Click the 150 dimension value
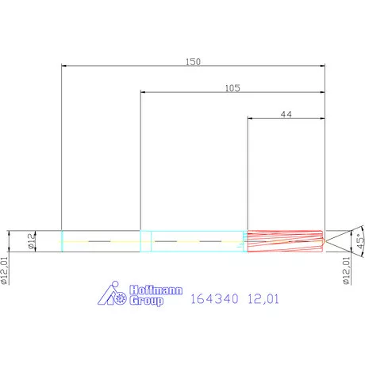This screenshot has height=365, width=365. tap(194, 61)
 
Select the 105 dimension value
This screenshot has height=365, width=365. tap(232, 89)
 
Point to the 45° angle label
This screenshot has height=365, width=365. tap(359, 241)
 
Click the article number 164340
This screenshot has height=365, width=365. tap(214, 300)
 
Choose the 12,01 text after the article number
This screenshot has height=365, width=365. tap(264, 300)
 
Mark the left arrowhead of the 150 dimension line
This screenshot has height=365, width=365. tap(64, 67)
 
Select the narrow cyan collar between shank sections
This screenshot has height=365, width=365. tap(145, 241)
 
